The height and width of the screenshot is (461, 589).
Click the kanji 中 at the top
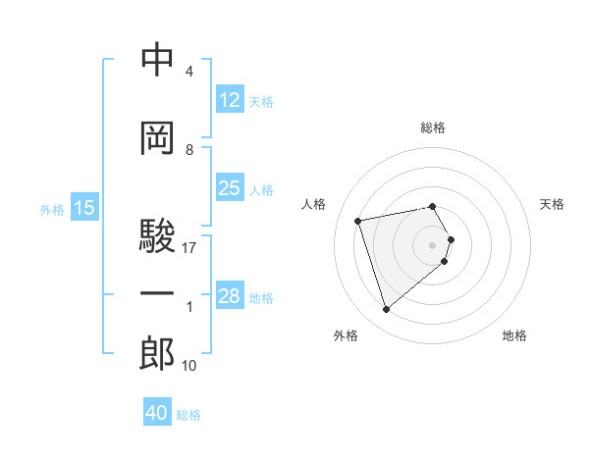157,60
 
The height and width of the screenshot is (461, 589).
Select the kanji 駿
157,235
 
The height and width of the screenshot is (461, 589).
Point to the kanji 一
157,294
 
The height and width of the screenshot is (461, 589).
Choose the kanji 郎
157,354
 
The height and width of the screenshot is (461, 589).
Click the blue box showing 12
229,100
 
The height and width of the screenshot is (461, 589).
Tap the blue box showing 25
229,188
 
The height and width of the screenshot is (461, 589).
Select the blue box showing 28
229,296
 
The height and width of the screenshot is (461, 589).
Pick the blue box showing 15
84,208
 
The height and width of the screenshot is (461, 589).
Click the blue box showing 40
157,413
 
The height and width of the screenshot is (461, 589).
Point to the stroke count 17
189,248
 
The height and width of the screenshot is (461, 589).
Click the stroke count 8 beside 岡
189,150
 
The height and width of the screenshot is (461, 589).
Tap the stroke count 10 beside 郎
189,366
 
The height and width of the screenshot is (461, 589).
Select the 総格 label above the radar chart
433,128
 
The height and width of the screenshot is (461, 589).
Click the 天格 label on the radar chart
553,204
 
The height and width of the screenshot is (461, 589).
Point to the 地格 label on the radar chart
514,335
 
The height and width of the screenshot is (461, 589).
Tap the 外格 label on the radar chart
346,335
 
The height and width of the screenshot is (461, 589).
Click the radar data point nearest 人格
358,220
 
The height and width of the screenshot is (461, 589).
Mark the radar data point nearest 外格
386,310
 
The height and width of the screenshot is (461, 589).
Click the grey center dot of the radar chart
433,244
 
